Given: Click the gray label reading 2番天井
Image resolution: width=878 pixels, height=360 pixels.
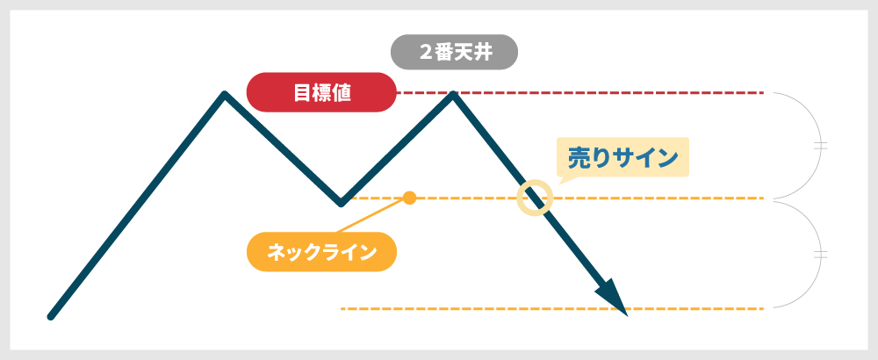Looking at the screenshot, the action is [454, 52].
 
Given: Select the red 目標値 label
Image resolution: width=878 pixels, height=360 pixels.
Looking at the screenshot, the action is [321, 92].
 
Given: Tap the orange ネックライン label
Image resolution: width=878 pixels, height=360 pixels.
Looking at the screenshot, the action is [321, 252].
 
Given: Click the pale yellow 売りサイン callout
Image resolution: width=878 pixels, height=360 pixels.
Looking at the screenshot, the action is [623, 157].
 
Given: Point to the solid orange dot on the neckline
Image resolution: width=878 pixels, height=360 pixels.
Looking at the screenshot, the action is [410, 198].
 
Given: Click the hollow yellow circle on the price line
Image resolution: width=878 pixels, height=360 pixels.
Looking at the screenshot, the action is [535, 198].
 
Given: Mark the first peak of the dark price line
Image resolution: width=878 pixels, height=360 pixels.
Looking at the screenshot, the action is [225, 94].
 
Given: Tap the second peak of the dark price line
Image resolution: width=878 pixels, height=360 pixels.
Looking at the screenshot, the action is [452, 94].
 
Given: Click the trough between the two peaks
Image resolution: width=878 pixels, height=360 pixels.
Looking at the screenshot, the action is [341, 203].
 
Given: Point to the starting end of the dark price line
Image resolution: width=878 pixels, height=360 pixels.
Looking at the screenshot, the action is [50, 317].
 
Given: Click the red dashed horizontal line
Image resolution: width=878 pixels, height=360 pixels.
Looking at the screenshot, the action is [580, 92].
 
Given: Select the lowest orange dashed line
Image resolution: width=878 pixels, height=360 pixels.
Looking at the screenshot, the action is [552, 308].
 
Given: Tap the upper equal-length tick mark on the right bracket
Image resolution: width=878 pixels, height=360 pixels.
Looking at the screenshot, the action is [820, 146].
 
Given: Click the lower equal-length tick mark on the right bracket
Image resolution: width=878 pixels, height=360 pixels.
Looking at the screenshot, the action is [820, 255].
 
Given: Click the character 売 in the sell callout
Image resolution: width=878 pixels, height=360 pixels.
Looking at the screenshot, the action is [579, 158].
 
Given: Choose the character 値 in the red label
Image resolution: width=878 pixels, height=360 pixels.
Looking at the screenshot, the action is [342, 92].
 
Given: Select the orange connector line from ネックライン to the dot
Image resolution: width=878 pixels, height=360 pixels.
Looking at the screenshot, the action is [371, 215].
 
